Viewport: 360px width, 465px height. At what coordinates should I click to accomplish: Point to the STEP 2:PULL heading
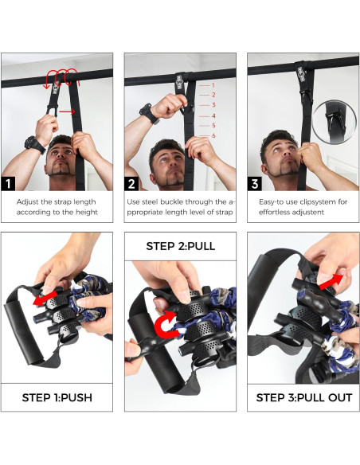point(180,246)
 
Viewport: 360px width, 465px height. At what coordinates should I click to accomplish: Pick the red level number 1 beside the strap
point(213,84)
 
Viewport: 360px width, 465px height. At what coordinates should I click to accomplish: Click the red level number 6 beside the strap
point(213,136)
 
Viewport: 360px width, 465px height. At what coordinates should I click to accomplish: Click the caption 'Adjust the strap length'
point(57,202)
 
